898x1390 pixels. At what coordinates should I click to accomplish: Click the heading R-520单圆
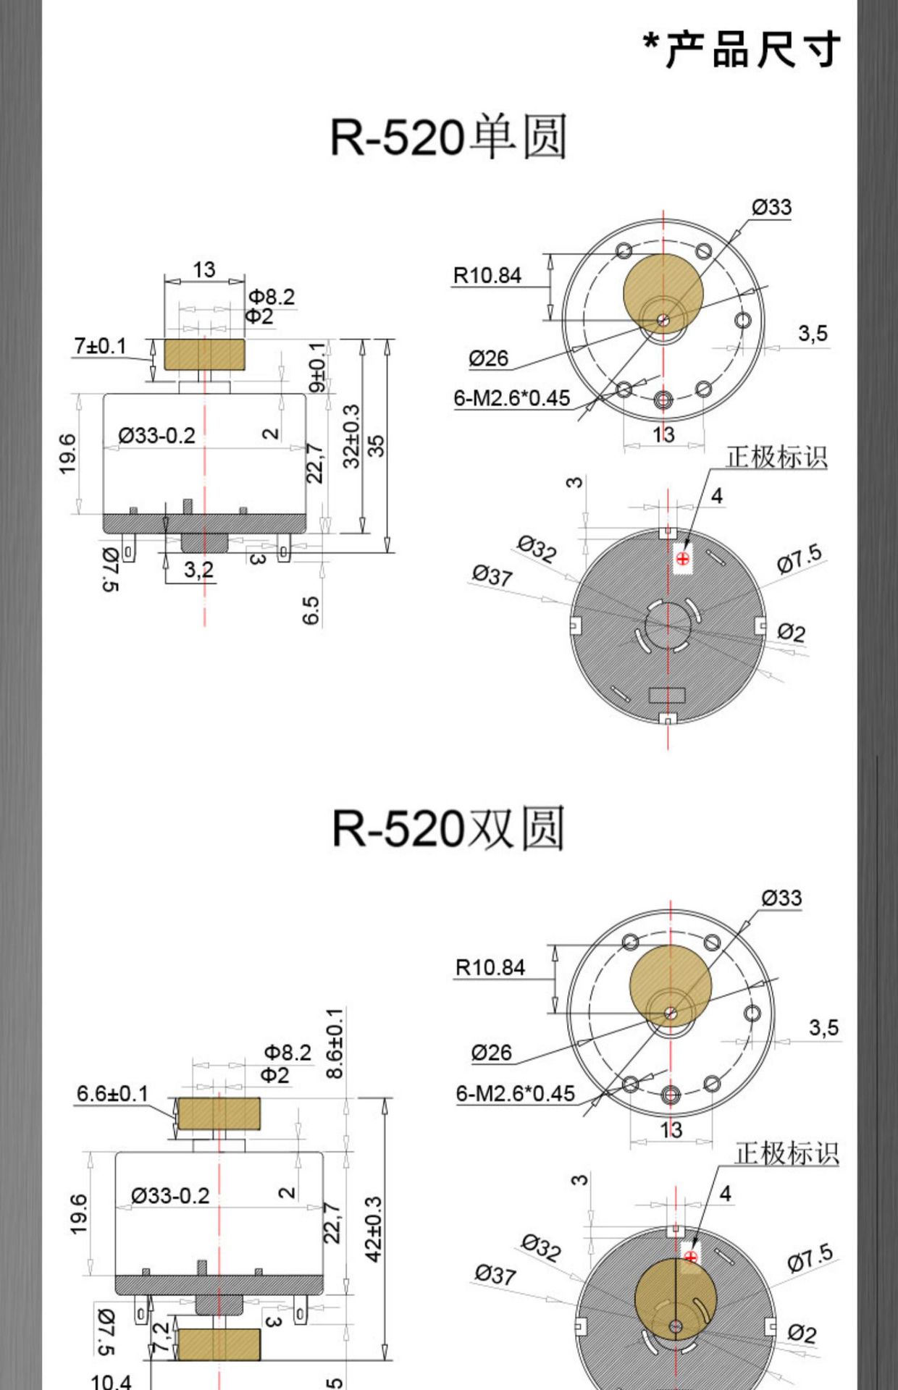[x=448, y=136]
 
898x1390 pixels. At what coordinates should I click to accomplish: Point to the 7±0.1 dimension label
[x=100, y=346]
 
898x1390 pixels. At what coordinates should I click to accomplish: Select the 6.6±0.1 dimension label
[x=112, y=1093]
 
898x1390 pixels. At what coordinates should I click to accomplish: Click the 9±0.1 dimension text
[x=317, y=366]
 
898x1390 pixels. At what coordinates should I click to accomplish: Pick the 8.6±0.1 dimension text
[x=335, y=1042]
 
